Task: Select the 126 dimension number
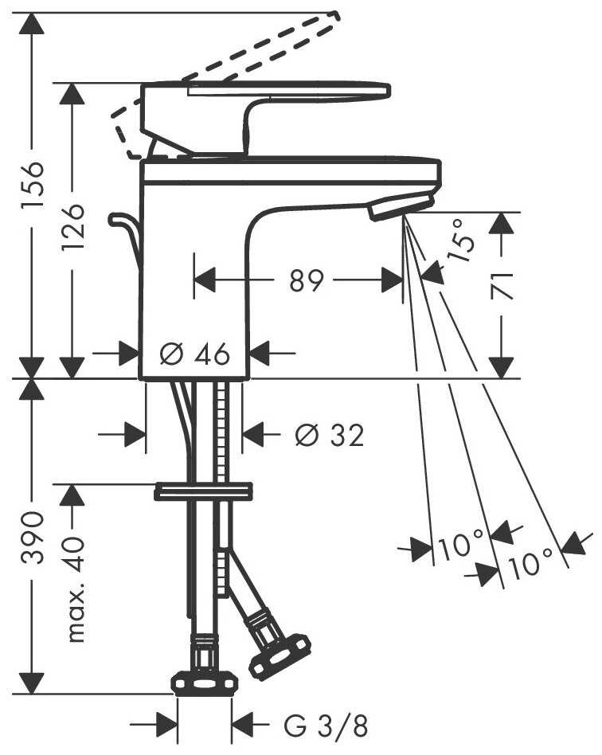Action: point(72,228)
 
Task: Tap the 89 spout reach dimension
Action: point(307,280)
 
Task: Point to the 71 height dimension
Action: point(502,284)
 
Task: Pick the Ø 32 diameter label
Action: point(329,435)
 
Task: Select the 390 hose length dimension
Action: point(32,538)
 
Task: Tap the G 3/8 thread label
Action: point(326,726)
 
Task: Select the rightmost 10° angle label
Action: point(530,565)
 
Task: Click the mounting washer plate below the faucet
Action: point(203,491)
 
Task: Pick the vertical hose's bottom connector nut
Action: point(205,683)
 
